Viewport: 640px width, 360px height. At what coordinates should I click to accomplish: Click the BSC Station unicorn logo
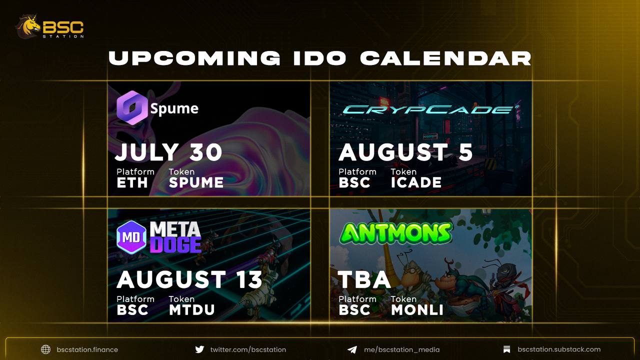tap(28, 26)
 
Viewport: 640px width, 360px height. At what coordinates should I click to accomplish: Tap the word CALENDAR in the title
tap(445, 58)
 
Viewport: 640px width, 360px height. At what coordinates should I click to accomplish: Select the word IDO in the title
tap(320, 58)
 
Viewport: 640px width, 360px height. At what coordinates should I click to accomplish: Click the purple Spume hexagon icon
tap(132, 107)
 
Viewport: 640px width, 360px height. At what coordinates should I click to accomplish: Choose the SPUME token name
tap(196, 182)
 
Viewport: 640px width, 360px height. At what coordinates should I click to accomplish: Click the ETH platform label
tap(132, 182)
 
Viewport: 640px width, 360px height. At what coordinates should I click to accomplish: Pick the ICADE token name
tap(416, 182)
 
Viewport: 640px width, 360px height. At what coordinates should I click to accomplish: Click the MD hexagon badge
tap(131, 237)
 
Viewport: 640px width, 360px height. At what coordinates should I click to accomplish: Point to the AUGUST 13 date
tap(189, 279)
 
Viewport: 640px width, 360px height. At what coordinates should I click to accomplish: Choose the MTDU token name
tap(191, 310)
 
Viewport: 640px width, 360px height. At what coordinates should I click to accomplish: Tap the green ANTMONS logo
tap(396, 233)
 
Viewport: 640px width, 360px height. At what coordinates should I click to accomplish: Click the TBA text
tap(364, 279)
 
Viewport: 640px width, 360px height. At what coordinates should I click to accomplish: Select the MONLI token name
tap(417, 310)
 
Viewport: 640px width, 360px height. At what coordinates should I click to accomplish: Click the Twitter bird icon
tap(199, 349)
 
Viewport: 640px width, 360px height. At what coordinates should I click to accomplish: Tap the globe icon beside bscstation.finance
tap(45, 349)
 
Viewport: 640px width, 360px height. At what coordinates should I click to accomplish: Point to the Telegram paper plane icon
tap(352, 349)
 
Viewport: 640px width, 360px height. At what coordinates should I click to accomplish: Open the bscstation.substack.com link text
tap(559, 349)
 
